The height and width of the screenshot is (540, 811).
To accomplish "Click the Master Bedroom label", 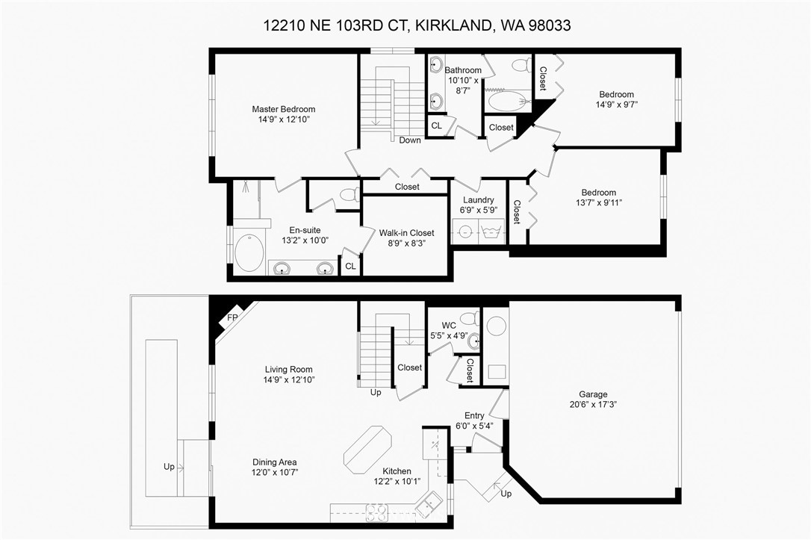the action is click(284, 109).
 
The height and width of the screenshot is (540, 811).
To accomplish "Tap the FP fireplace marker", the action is click(232, 317).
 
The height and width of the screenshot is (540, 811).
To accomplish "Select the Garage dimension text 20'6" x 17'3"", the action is click(593, 404).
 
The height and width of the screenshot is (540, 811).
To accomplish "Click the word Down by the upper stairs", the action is click(410, 140).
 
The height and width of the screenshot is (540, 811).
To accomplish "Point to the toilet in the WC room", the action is click(470, 317).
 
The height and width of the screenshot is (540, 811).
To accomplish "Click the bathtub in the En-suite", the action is click(249, 252).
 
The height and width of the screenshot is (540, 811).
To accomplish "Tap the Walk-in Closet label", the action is click(406, 233).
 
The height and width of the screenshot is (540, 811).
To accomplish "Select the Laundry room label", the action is click(479, 200).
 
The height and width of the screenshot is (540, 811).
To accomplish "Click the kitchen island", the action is click(368, 449).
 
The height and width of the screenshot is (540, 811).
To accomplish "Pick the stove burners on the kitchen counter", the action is click(377, 512).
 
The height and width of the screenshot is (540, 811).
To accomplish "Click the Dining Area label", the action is click(275, 462).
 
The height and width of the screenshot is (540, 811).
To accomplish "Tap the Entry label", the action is click(474, 415).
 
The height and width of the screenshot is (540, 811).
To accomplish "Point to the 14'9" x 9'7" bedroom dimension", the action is click(617, 105).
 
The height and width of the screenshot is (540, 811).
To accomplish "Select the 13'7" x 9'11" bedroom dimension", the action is click(598, 202).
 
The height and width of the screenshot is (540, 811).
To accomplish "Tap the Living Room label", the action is click(288, 369).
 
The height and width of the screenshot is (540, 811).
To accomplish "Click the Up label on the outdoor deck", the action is click(169, 467).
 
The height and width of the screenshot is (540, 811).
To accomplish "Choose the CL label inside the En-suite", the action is click(351, 267).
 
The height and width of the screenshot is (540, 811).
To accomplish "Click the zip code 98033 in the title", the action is click(550, 25).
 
